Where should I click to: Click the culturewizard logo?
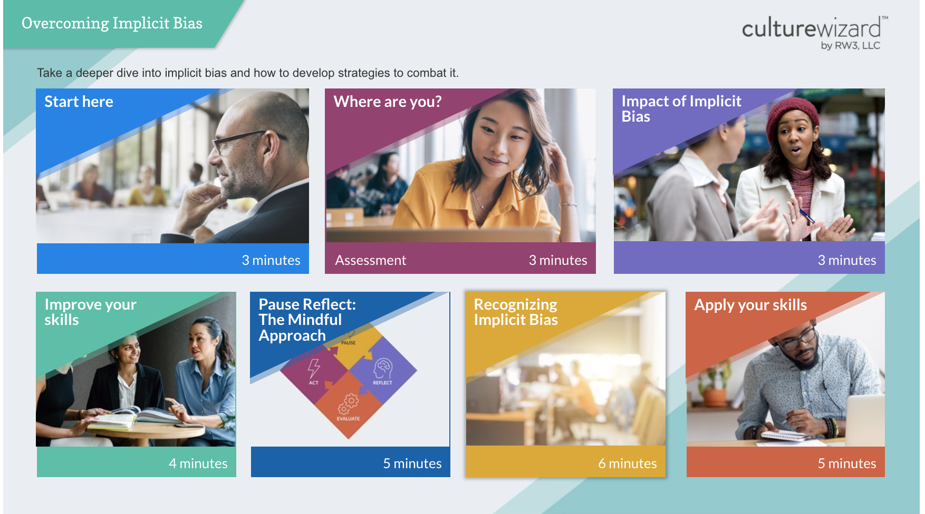point(812,28)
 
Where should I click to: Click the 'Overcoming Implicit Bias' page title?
point(112,24)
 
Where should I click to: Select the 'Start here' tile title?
point(79,102)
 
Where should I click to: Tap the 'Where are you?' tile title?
point(388,102)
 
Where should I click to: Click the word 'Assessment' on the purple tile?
point(370,260)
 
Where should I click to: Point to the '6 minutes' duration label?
point(627,463)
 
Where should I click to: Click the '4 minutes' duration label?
point(198,463)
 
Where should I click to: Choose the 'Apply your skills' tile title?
point(750,305)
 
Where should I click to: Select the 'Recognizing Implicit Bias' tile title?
point(515,312)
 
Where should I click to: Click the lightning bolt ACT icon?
point(314,369)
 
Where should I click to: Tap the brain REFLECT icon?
point(383,368)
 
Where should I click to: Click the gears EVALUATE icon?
point(348,404)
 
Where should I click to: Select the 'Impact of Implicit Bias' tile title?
point(681,108)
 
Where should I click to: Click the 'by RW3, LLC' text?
point(850,46)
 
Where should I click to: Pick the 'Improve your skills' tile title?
point(90,312)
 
